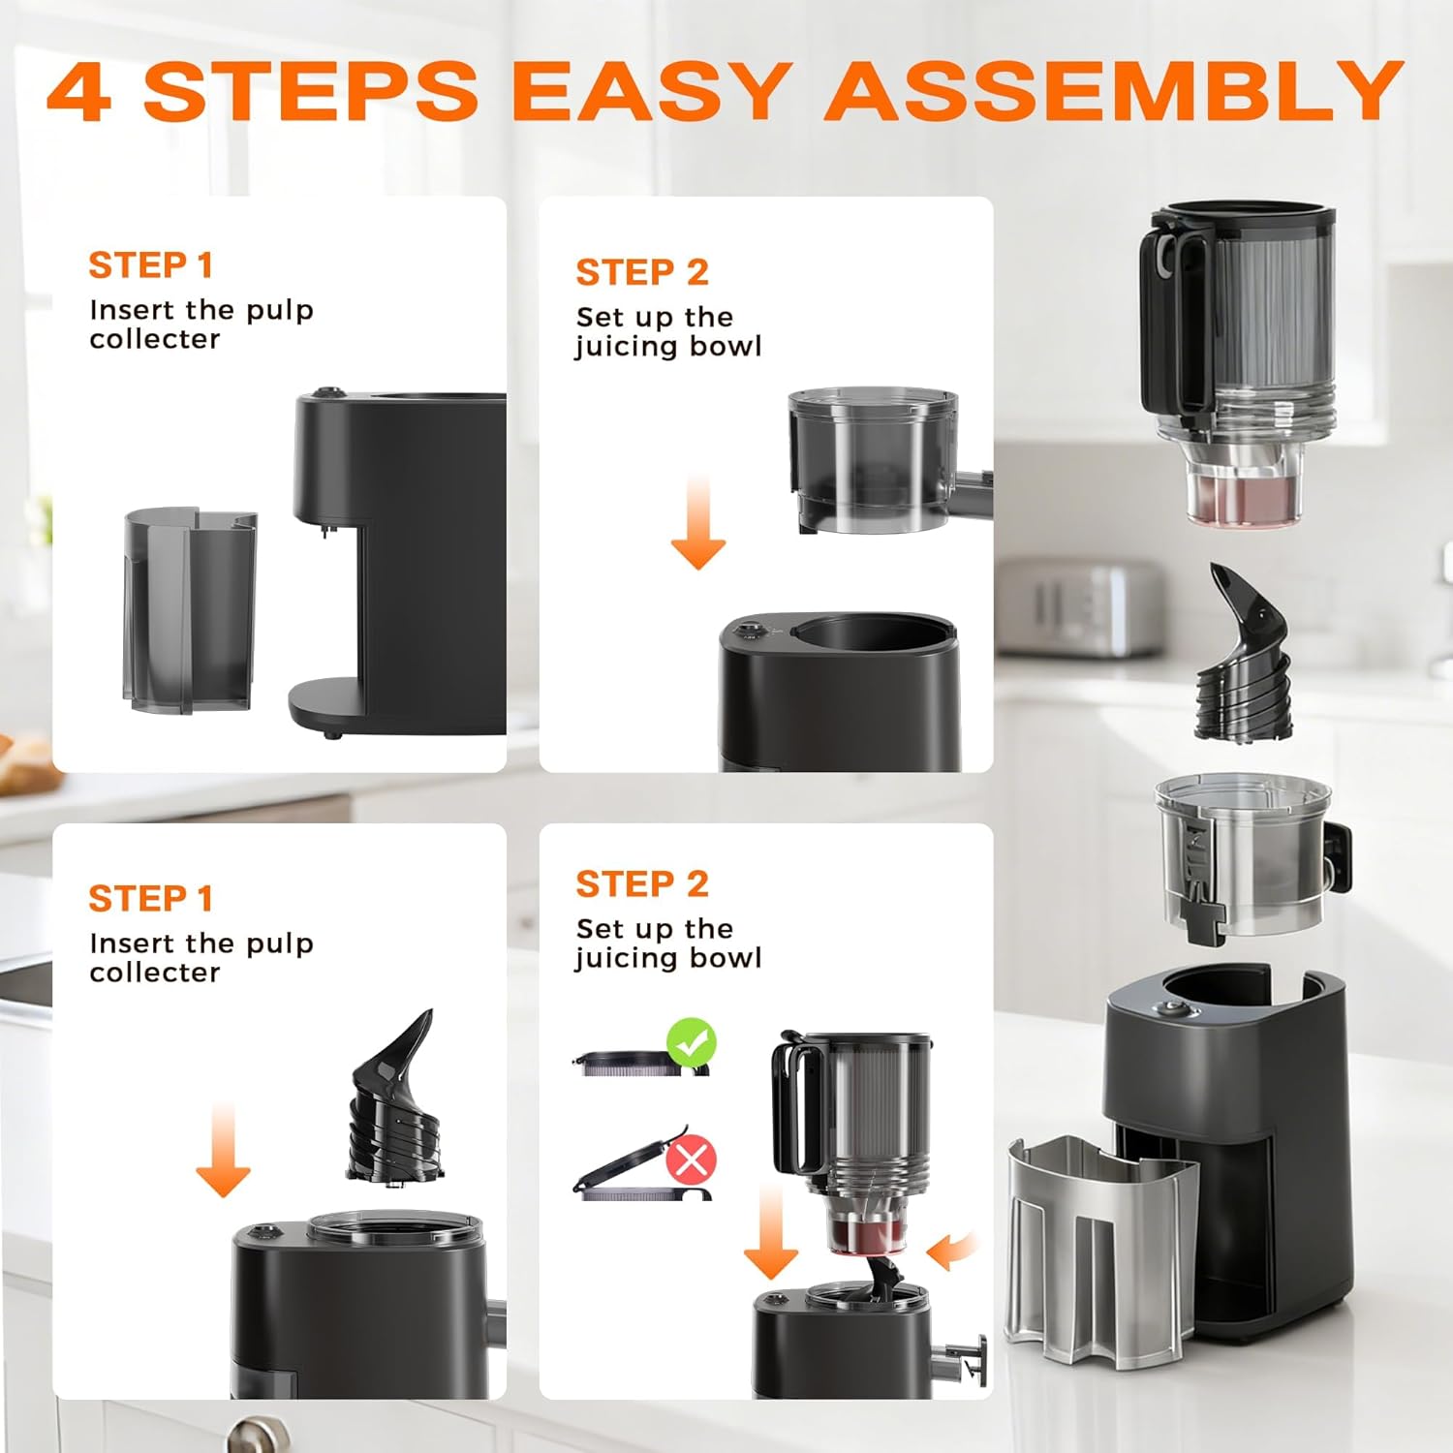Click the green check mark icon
coord(691,1043)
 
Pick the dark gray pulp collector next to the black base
coord(190,610)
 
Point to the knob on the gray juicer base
coord(1175,1009)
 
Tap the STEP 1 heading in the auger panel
coord(150,898)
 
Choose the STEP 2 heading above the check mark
coord(641,883)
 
